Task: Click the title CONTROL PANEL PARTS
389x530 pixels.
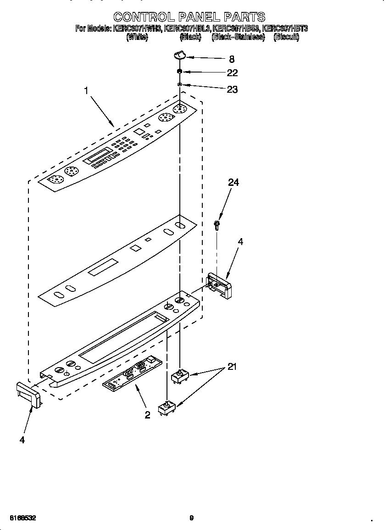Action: (x=189, y=17)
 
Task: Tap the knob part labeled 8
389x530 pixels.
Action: (x=180, y=56)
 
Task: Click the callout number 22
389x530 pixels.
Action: (x=232, y=73)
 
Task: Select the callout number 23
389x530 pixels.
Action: (x=232, y=89)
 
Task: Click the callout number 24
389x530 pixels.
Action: (x=233, y=183)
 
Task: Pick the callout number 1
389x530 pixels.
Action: (x=86, y=91)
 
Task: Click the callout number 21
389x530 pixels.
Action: (x=233, y=367)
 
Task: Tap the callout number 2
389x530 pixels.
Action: (x=147, y=415)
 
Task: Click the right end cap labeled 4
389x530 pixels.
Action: (x=220, y=285)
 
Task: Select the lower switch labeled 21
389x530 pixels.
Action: (x=167, y=408)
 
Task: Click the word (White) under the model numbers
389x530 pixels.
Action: (x=137, y=38)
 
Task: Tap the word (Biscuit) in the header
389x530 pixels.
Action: (x=286, y=38)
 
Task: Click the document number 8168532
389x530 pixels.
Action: (x=22, y=518)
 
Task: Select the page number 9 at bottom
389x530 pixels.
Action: (x=192, y=518)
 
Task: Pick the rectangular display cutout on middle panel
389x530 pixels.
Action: (x=103, y=268)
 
